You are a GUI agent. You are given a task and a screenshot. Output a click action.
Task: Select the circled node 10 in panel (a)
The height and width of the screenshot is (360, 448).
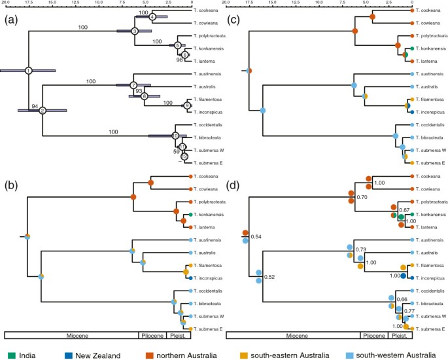click(175, 135)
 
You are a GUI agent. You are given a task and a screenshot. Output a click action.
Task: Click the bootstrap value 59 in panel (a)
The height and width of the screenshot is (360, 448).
click(177, 151)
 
